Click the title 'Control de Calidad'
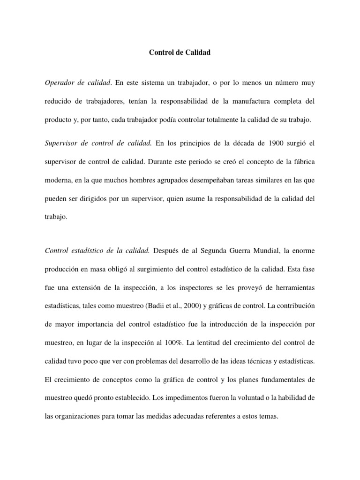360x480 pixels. pos(180,53)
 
